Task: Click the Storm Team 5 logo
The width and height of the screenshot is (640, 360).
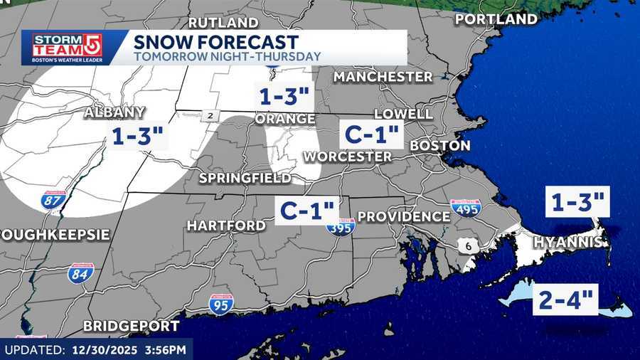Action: [63, 48]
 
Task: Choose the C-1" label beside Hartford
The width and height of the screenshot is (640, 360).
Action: [306, 210]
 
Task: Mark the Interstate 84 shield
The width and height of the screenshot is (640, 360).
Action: [80, 273]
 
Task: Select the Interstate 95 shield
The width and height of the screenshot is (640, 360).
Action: [221, 305]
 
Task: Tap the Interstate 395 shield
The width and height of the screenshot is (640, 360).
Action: [341, 227]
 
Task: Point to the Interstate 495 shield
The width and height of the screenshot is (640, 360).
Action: [466, 208]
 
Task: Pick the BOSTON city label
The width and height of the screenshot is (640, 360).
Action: [440, 145]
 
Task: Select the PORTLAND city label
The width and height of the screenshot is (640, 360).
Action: [506, 18]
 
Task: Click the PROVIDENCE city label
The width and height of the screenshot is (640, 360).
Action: [403, 216]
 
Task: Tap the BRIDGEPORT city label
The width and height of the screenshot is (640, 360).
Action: [131, 326]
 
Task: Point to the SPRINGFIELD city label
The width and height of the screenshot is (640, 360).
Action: [245, 177]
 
